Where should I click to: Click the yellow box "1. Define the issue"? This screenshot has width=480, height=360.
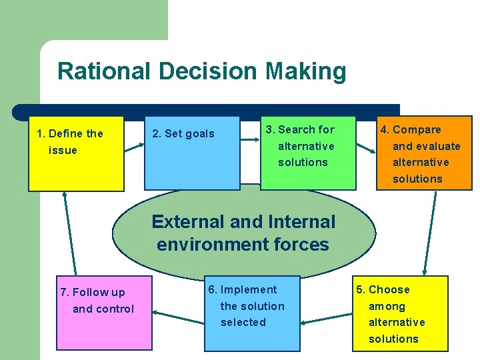click(76, 154)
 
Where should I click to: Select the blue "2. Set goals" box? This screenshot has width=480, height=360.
click(192, 154)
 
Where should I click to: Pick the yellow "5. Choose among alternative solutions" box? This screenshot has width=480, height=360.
click(400, 313)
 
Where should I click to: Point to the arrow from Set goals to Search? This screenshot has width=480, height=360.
click(250, 140)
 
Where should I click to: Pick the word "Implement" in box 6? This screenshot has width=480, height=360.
click(248, 289)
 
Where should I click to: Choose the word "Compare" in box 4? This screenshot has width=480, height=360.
click(417, 129)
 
